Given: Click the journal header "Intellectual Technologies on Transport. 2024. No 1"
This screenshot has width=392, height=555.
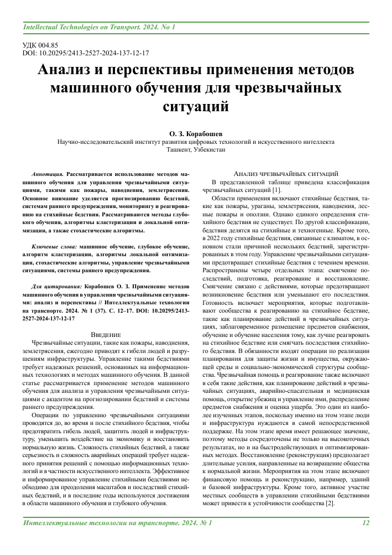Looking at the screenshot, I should tap(99, 27).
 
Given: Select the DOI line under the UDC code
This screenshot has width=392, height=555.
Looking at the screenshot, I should tap(86, 54).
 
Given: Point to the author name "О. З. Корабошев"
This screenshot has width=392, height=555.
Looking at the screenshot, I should tap(196, 133).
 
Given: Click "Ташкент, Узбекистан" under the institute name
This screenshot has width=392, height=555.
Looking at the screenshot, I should tap(196, 149).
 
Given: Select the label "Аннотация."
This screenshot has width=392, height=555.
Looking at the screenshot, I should tap(48, 173).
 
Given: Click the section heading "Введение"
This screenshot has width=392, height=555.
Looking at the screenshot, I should tap(106, 334).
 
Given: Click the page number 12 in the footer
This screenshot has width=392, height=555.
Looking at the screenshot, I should tap(365, 522).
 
